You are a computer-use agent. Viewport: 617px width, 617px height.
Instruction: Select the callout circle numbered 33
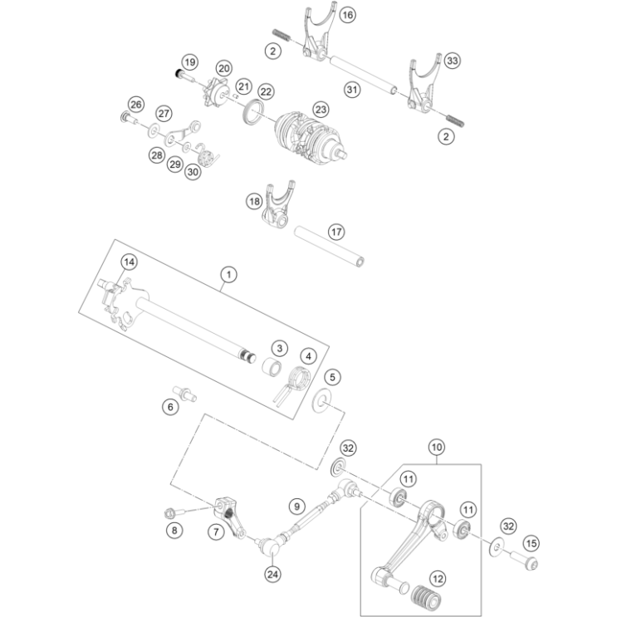pos(452,61)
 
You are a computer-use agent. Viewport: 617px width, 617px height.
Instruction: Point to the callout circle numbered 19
pos(189,62)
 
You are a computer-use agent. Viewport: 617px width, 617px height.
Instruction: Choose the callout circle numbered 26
pos(136,104)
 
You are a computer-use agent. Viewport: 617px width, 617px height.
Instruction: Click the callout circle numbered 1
pos(228,272)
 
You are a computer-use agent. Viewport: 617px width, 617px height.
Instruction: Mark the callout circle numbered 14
pos(128,262)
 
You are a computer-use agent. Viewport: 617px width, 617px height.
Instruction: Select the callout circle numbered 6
pos(170,406)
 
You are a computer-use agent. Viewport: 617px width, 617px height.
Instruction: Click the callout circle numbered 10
pos(436,447)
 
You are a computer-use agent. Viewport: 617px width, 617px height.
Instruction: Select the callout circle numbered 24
pos(272,572)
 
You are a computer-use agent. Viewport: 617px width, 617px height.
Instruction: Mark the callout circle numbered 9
pos(296,504)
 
